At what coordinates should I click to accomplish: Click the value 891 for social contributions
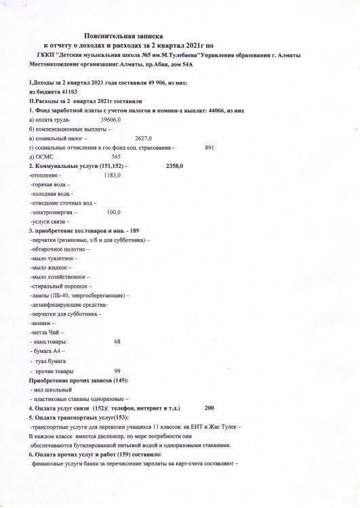[209, 147]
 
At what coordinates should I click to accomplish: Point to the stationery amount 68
[117, 342]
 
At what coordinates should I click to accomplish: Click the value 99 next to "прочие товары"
[117, 371]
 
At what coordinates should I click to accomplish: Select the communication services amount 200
[209, 409]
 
